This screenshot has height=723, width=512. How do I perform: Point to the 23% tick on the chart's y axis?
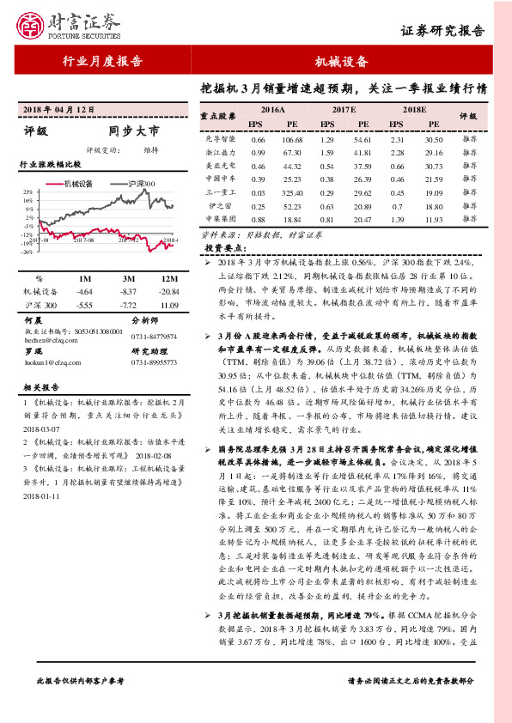click(x=27, y=192)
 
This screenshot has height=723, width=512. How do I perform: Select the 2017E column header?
click(x=343, y=111)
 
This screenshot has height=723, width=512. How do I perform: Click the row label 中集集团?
click(x=220, y=219)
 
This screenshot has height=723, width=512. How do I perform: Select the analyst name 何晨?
click(x=34, y=319)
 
